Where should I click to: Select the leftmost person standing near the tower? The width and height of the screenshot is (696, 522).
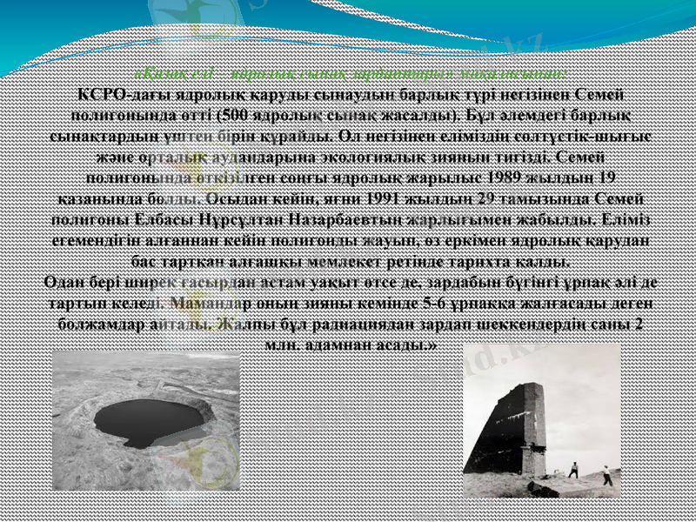tap(572, 469)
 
